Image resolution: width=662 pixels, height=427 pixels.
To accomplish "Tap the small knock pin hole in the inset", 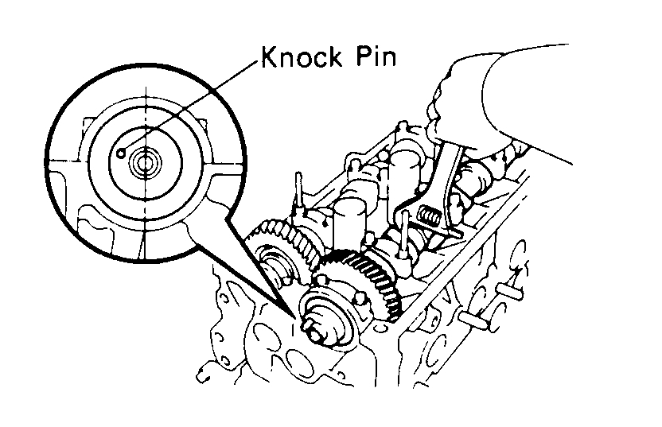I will click(x=120, y=153).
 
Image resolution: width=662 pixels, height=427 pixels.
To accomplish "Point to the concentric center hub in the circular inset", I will click(x=145, y=165).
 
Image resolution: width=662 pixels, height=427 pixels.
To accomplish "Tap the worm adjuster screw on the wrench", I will click(x=430, y=215).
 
